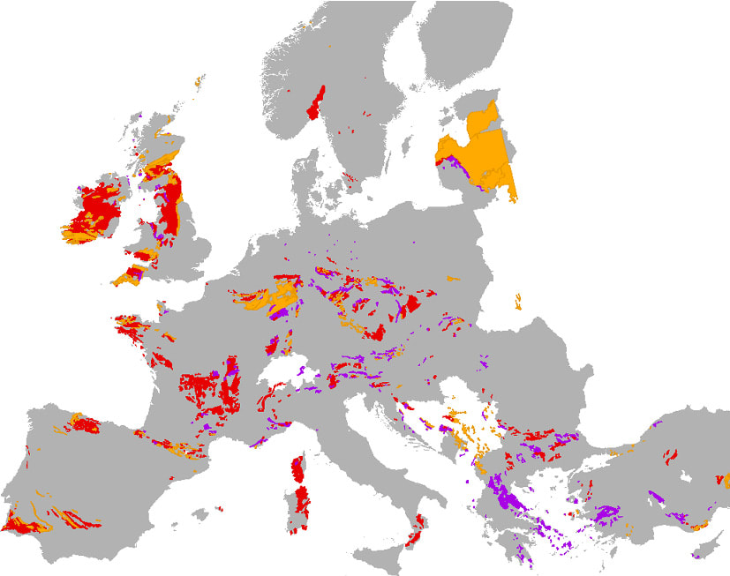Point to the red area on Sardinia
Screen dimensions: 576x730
click(301, 503)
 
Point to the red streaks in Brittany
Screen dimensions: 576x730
click(131, 328)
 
